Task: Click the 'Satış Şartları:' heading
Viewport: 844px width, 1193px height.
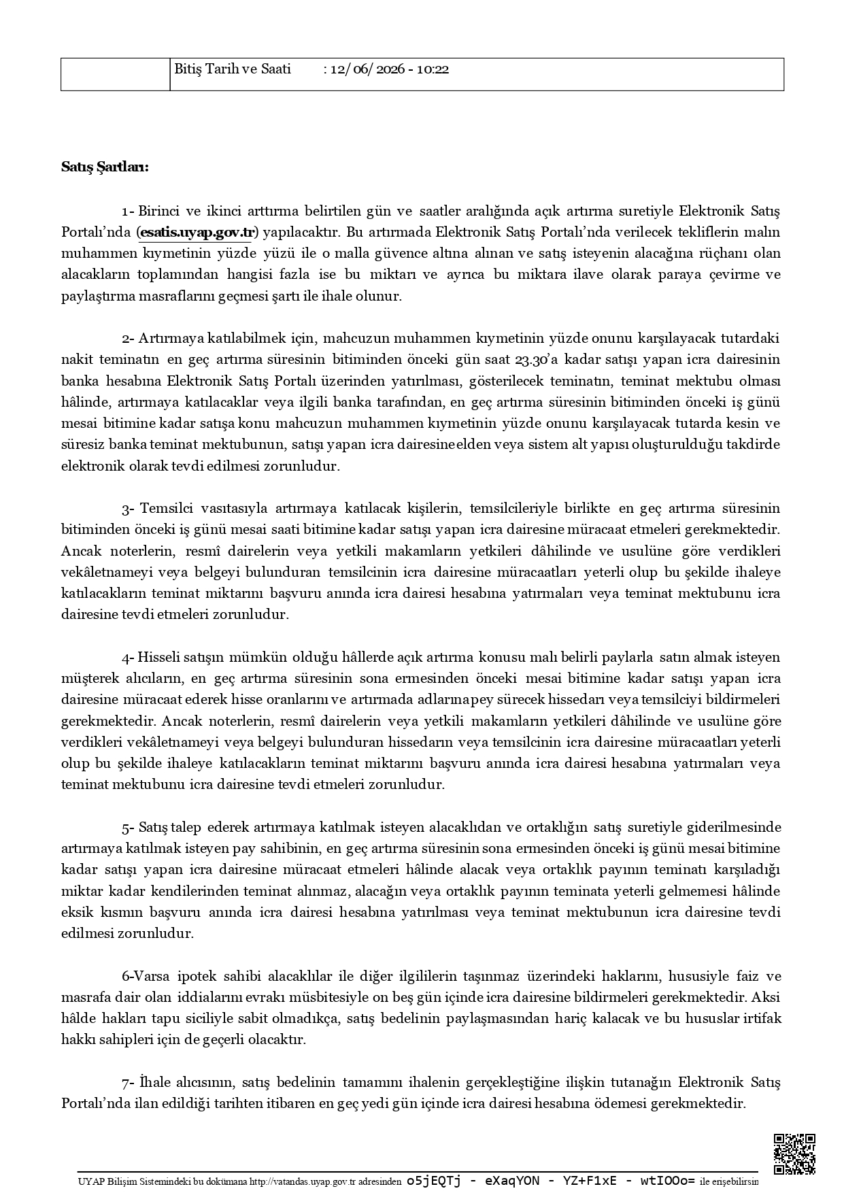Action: (x=105, y=167)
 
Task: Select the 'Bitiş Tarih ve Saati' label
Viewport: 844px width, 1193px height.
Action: (x=233, y=69)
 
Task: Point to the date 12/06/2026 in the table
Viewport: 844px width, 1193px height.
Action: (x=367, y=69)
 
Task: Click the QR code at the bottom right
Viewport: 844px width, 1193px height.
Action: (x=794, y=1154)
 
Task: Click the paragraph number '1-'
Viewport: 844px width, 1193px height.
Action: (x=129, y=211)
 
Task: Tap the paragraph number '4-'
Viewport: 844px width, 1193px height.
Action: (x=129, y=658)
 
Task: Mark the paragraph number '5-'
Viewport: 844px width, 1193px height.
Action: (x=129, y=828)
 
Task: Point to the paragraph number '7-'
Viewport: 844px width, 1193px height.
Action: (x=129, y=1082)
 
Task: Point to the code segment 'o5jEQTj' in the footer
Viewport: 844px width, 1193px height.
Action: (x=433, y=1181)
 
